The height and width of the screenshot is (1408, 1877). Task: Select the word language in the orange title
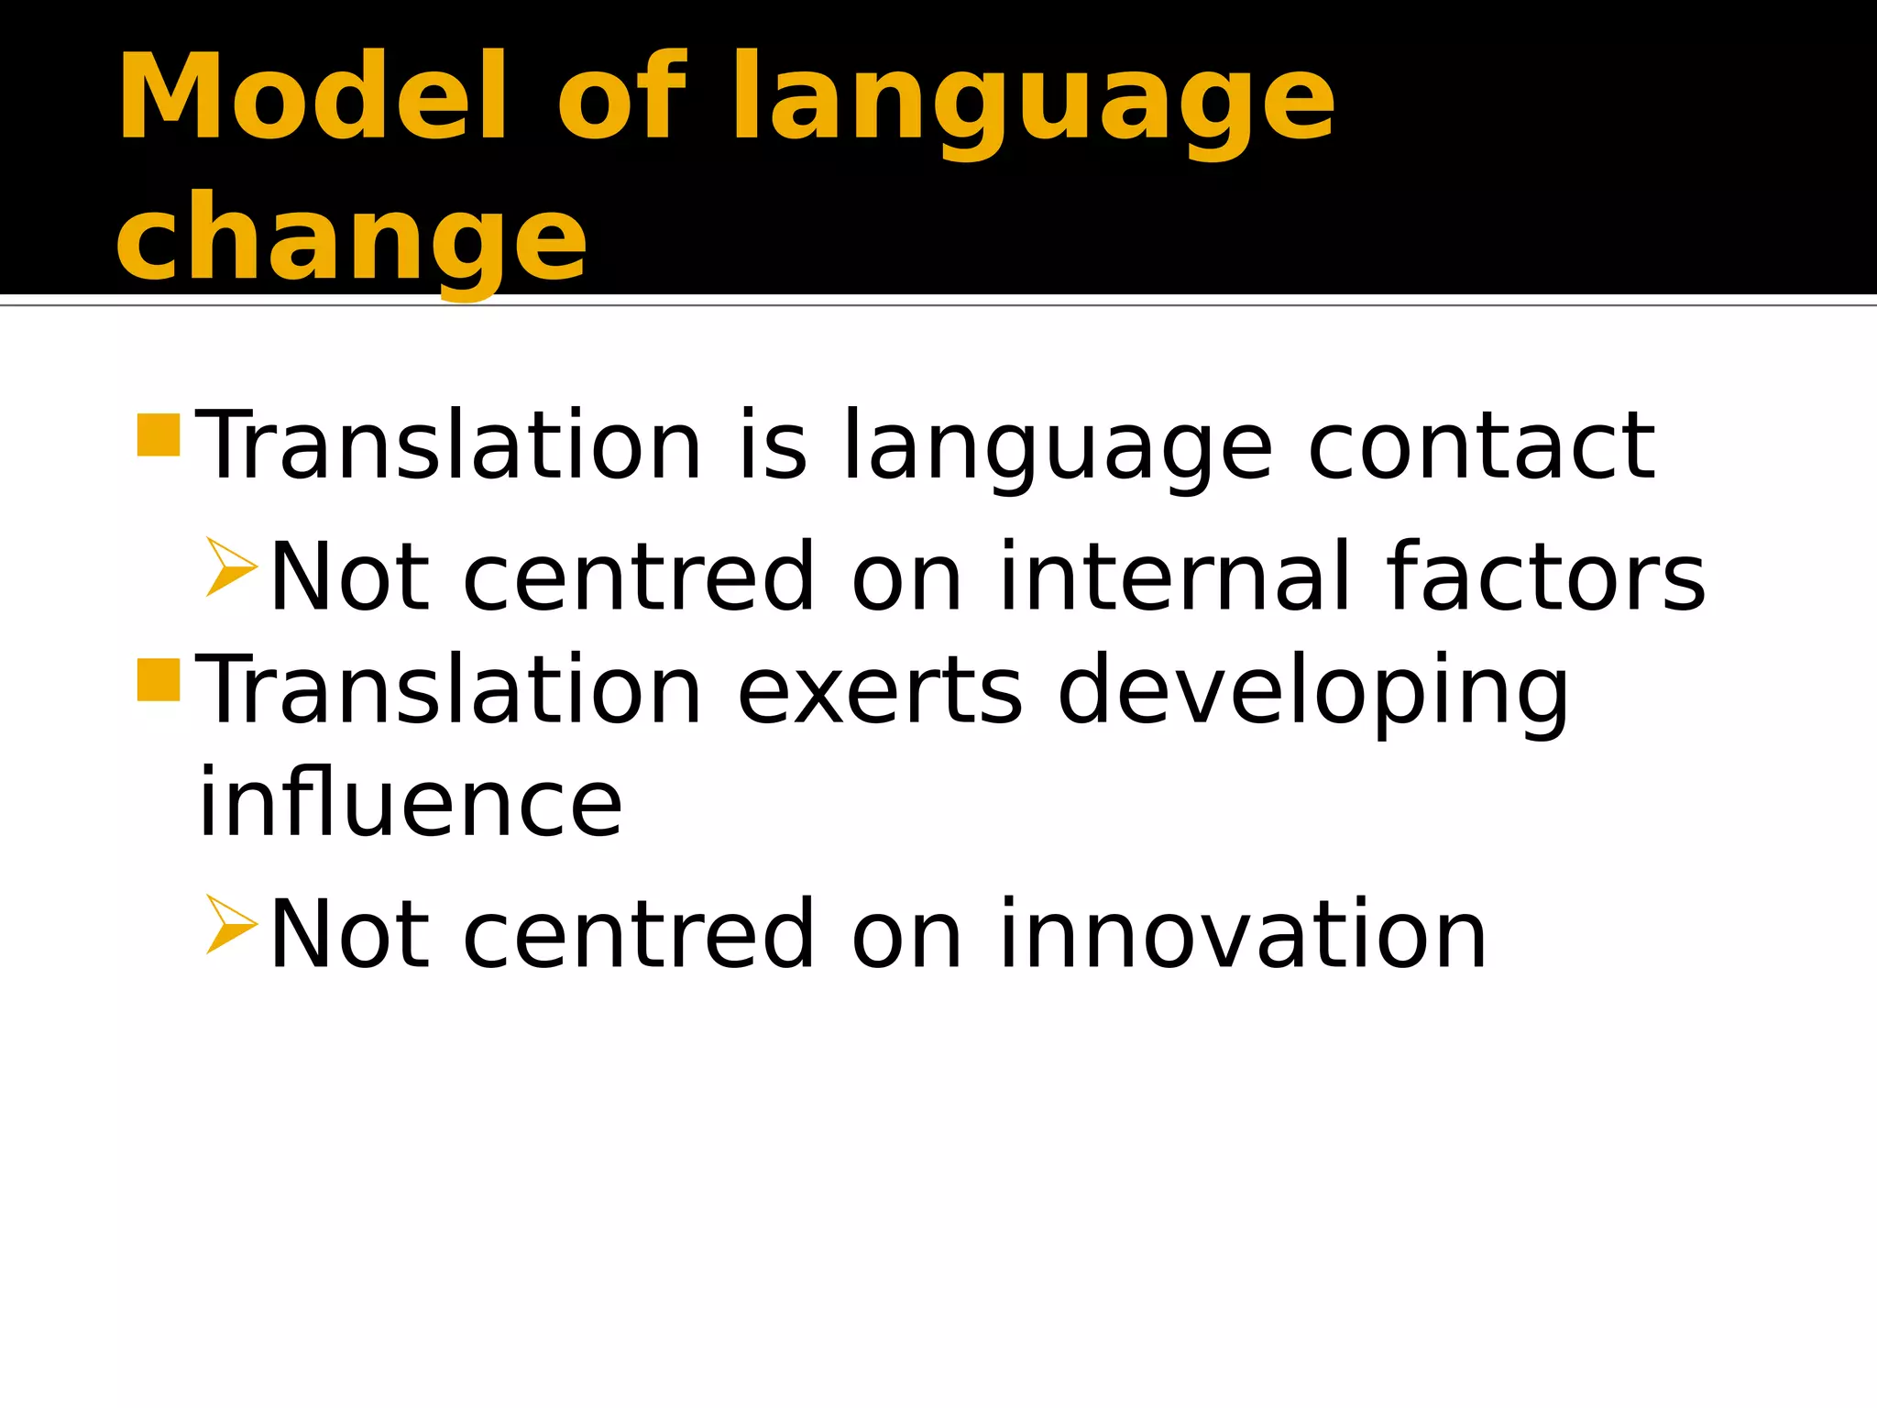click(1032, 103)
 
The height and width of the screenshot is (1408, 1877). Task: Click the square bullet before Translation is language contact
click(159, 434)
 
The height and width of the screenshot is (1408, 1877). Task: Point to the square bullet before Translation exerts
click(159, 679)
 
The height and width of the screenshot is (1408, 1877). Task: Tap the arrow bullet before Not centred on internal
click(229, 567)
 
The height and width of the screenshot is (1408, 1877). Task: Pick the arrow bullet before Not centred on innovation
click(229, 924)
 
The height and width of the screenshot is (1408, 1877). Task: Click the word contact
click(1481, 446)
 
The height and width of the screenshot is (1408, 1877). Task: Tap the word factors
click(1545, 577)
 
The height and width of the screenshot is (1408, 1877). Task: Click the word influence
click(411, 803)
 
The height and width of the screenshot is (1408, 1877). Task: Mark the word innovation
click(1243, 934)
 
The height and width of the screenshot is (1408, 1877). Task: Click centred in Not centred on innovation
click(639, 934)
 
